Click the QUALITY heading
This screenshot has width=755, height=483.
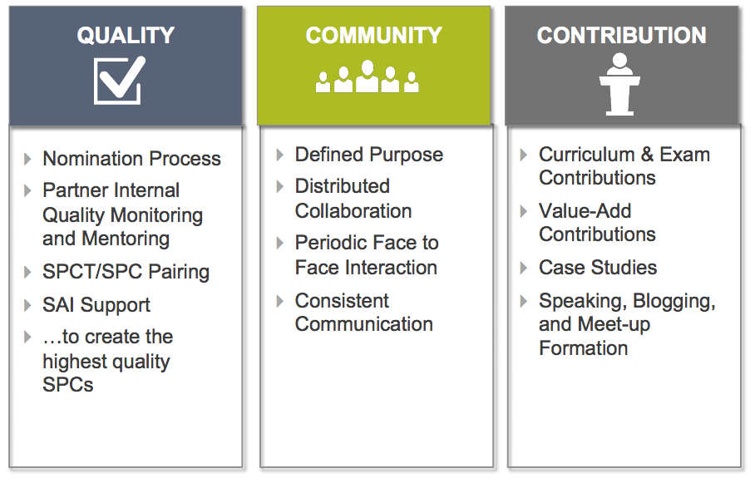(126, 36)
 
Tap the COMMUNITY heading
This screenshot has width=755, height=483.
(373, 36)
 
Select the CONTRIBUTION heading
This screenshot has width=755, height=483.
(622, 36)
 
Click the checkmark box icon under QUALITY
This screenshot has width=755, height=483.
(120, 80)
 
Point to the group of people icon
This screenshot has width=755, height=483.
(368, 76)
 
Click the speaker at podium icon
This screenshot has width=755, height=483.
(619, 84)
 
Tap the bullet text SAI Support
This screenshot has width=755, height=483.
(96, 305)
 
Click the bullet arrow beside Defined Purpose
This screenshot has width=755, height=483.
(279, 155)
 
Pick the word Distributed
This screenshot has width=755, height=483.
(343, 186)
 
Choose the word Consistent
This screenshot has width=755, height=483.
(342, 300)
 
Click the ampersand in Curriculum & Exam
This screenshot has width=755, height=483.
(647, 155)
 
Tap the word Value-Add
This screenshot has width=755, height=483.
(585, 211)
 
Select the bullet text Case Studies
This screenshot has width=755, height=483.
(598, 267)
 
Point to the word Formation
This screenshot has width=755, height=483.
(584, 347)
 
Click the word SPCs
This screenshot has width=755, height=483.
(68, 384)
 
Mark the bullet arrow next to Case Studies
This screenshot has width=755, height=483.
(524, 268)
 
